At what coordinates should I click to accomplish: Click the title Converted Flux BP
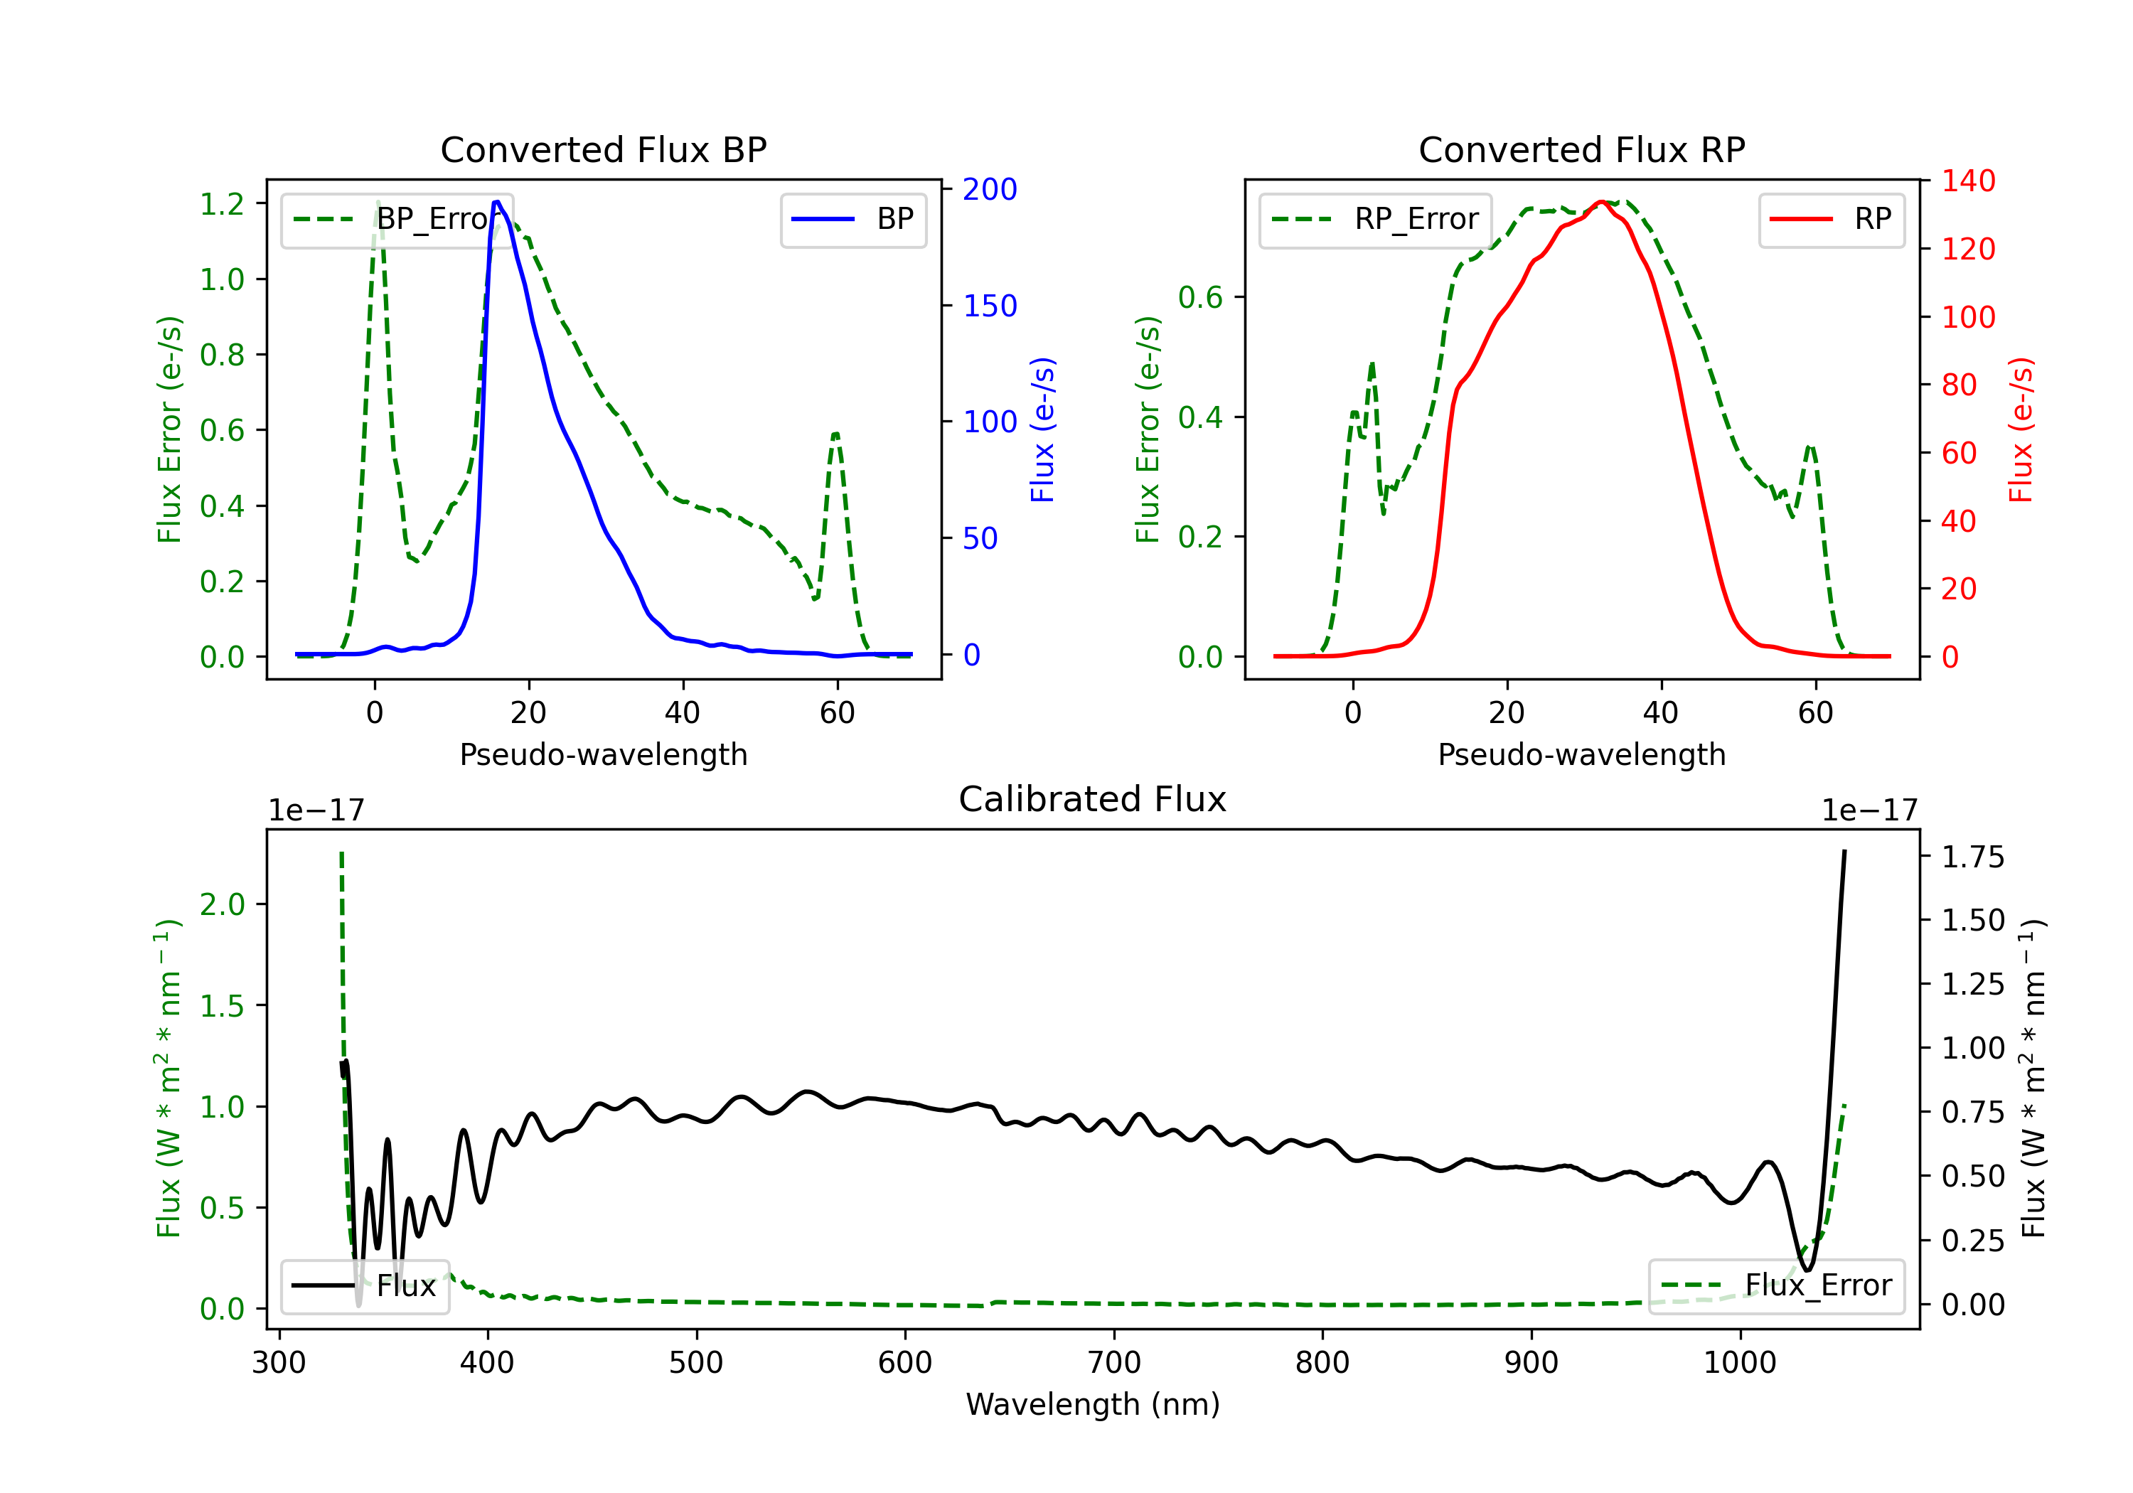click(603, 149)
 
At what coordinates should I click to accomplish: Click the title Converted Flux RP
click(1581, 149)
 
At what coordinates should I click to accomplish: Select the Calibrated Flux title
click(1093, 799)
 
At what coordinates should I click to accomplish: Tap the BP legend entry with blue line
click(852, 219)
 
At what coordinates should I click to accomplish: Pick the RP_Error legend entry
click(1375, 219)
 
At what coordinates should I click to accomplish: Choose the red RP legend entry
click(1831, 219)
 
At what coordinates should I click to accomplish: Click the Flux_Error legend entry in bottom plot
click(1776, 1286)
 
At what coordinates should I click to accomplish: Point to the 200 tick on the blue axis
click(990, 190)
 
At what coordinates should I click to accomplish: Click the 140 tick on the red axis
click(1967, 181)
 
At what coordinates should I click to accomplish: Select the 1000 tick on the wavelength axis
click(1740, 1363)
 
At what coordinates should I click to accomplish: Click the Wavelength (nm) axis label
click(1093, 1404)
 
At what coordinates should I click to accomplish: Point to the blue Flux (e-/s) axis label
click(1043, 429)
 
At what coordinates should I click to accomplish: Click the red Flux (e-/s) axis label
click(2021, 429)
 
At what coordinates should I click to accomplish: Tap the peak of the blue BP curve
click(497, 202)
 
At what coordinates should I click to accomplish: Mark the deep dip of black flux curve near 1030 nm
click(1806, 1269)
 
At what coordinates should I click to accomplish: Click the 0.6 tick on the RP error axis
click(1200, 297)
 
